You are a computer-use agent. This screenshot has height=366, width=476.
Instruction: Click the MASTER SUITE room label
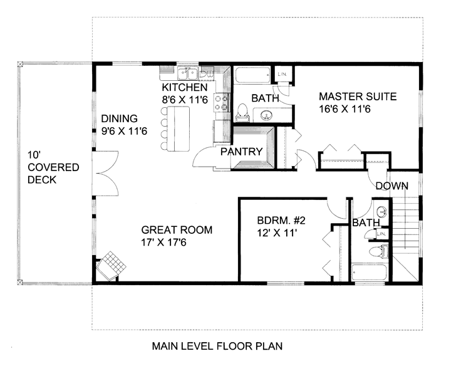(358, 97)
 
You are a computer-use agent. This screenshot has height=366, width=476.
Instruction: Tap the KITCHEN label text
(185, 88)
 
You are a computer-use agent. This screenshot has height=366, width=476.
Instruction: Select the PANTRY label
(241, 152)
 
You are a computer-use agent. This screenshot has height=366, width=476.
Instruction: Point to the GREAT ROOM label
(177, 230)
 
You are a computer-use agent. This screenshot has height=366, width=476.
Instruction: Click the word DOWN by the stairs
(392, 186)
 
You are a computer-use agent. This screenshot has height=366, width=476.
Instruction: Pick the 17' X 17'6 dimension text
(163, 243)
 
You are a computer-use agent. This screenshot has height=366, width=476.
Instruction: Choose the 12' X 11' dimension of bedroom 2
(277, 233)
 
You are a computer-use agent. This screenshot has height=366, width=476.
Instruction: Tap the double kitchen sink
(188, 73)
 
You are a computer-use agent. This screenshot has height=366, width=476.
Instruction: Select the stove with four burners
(221, 102)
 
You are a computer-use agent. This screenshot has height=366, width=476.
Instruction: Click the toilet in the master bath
(242, 112)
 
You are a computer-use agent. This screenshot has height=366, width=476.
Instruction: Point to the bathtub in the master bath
(252, 75)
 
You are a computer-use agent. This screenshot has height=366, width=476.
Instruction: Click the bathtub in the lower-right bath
(369, 273)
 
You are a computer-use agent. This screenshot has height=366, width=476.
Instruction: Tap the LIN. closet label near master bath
(282, 74)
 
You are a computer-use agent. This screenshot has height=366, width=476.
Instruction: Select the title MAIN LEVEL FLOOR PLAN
(217, 346)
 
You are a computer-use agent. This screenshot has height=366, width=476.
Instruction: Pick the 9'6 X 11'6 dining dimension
(124, 131)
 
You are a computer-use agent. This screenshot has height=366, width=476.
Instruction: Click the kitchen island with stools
(175, 128)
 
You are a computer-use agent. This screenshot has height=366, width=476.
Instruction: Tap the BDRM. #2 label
(281, 220)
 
